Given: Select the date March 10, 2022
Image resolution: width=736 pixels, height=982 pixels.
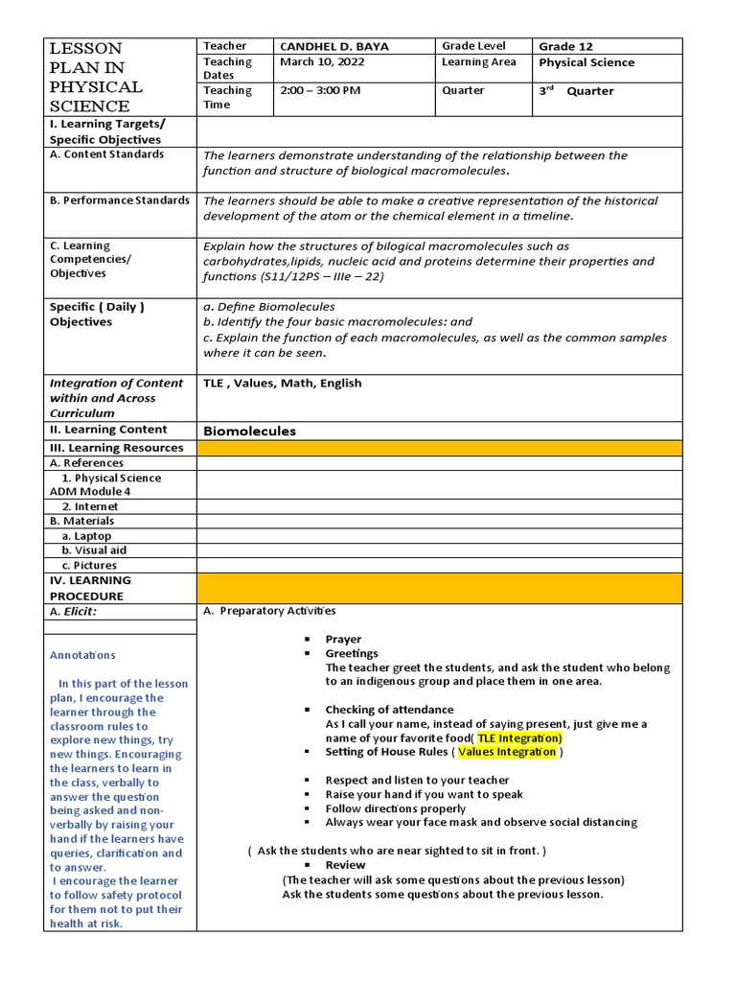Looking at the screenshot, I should point(322,62).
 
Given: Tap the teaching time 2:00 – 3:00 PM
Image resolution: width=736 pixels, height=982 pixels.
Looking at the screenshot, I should point(320,91).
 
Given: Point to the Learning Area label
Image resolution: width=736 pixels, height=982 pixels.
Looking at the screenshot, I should point(478,62).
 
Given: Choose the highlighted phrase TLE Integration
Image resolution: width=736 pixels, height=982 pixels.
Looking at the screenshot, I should point(519,738).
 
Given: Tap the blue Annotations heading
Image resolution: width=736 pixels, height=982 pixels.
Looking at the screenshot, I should point(82,655).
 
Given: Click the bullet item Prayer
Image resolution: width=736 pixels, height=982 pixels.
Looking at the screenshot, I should point(343,639).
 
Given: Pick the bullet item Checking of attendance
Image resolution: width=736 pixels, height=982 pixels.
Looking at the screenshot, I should point(376,710).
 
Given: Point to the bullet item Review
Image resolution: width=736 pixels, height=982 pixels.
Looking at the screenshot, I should point(345,865).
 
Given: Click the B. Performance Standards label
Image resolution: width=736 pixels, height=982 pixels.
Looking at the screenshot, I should point(120,200).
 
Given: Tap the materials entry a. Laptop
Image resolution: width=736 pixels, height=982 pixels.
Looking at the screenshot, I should point(86,536).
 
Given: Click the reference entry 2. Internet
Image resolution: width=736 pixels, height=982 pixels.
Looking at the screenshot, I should point(90,506).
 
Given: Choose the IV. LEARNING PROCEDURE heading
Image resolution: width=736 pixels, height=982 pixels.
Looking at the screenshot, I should point(91,588).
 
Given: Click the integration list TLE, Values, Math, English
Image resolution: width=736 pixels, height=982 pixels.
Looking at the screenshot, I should point(283,384).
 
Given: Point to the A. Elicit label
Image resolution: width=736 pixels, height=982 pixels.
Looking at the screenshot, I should point(74,611).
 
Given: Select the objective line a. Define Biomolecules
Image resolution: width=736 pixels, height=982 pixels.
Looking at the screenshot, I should point(269,307).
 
